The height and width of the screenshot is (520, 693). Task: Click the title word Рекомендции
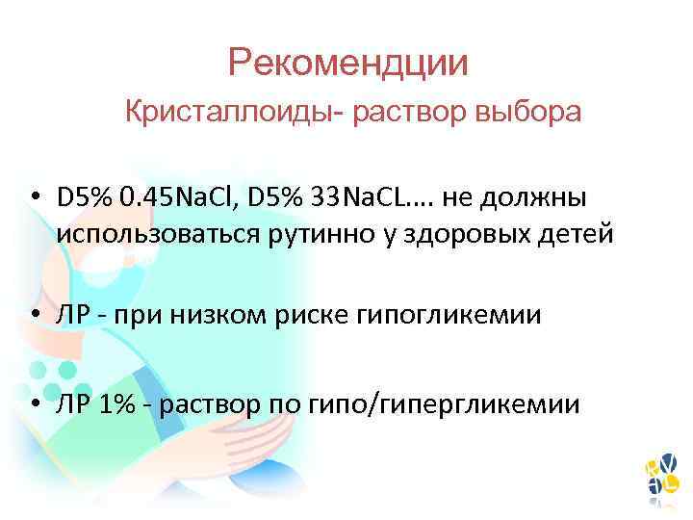348,65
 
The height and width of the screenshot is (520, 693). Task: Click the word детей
576,233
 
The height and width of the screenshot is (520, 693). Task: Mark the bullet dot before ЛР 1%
33,404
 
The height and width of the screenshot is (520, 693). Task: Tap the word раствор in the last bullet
208,404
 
